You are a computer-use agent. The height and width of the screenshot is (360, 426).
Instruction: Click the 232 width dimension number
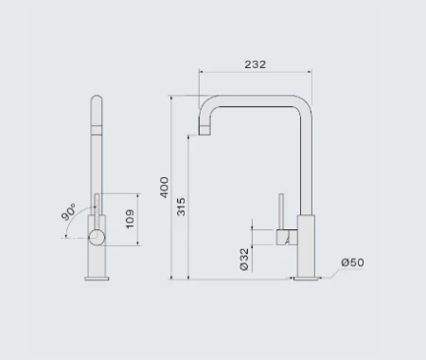(255, 64)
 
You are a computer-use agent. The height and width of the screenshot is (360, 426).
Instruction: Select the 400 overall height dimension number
(165, 187)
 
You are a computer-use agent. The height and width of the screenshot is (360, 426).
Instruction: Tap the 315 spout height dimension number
(182, 207)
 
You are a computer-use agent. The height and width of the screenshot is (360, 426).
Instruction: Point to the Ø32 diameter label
(244, 259)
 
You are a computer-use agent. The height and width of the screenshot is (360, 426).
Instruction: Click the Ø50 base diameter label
(353, 262)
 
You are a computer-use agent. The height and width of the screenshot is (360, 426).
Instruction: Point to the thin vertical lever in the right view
(280, 212)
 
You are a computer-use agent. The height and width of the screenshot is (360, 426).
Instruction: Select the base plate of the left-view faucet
(98, 277)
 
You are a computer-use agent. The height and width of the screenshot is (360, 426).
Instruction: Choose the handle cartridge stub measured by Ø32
(285, 237)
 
